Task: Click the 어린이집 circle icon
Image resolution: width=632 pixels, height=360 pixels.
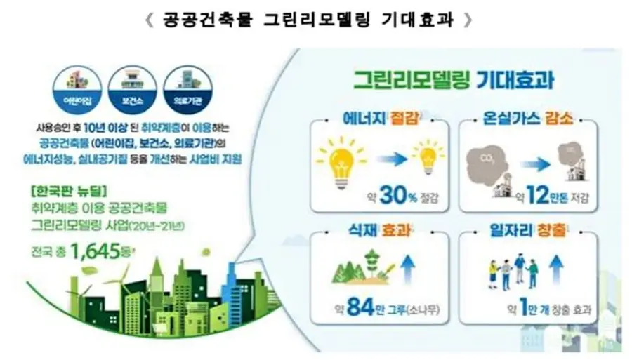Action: click(x=77, y=92)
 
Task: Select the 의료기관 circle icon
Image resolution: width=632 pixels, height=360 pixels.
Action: click(x=187, y=92)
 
